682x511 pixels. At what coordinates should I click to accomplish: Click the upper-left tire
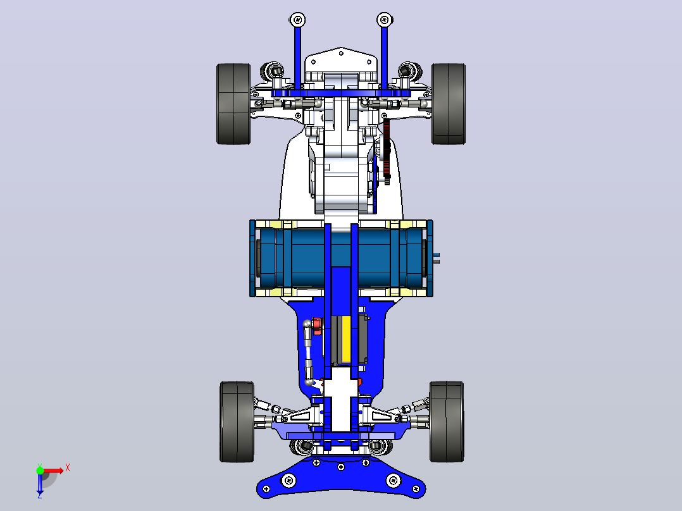233,104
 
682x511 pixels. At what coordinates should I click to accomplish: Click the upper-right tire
449,104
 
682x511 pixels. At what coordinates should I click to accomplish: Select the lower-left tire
237,422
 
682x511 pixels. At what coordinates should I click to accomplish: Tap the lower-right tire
447,422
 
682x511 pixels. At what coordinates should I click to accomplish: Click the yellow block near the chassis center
346,339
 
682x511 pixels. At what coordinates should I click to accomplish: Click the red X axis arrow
54,471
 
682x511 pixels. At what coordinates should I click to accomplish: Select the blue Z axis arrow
40,483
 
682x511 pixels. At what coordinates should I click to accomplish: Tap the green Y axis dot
40,471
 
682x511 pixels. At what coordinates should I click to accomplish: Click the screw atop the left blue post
297,20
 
